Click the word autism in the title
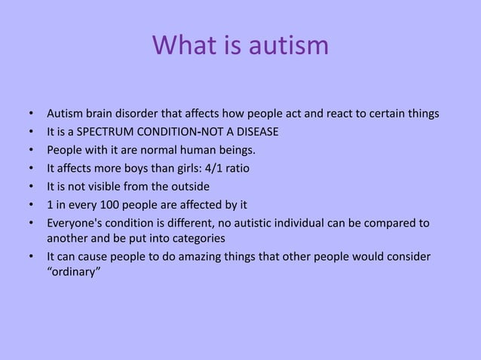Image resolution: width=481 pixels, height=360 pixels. (290, 45)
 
